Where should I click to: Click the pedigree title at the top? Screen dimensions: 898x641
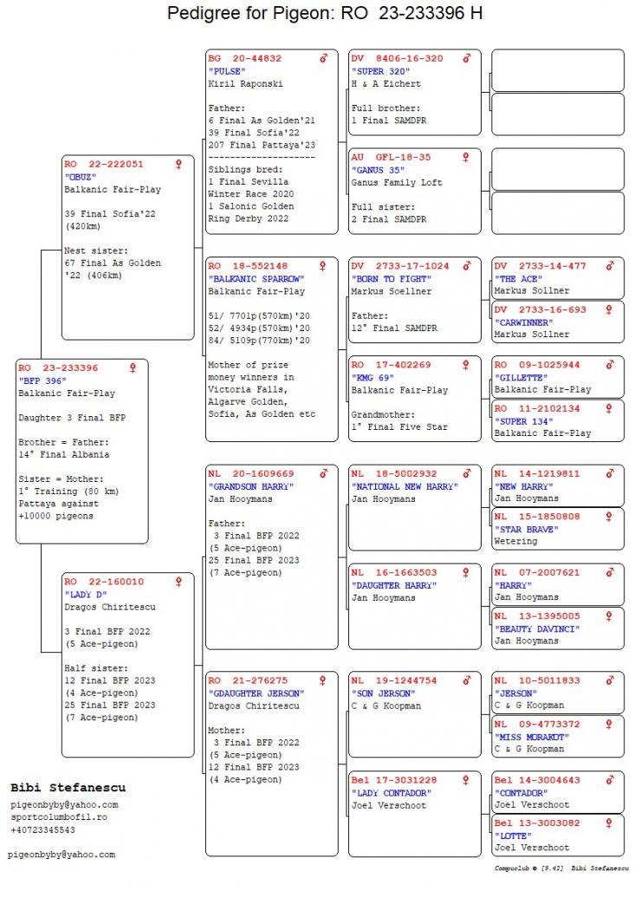tap(325, 14)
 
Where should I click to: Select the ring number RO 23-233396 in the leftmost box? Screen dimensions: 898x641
tap(59, 368)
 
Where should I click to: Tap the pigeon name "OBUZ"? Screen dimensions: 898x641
tap(81, 176)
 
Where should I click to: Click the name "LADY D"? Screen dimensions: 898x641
tap(86, 595)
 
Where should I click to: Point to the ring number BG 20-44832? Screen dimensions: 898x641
tap(245, 59)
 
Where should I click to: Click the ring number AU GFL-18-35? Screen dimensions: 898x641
tap(392, 158)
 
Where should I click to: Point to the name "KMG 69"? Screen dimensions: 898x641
tap(373, 378)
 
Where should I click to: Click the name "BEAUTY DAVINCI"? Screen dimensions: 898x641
tap(537, 628)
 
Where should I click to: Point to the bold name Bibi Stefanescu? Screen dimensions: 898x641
tap(68, 788)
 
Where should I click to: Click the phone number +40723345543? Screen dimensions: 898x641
tap(43, 830)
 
